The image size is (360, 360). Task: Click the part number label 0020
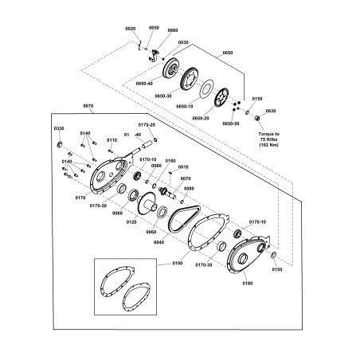tap(131, 29)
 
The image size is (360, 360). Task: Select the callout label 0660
tap(172, 30)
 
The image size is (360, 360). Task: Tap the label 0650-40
tap(144, 83)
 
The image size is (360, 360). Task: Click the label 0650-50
tap(231, 123)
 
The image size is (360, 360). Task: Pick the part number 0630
tap(270, 111)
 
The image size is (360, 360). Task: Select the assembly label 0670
tap(88, 105)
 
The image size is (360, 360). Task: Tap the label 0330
tap(58, 128)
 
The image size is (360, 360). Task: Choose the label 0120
tap(132, 222)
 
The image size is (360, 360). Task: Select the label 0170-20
tap(147, 125)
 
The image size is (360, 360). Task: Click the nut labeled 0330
tap(58, 144)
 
